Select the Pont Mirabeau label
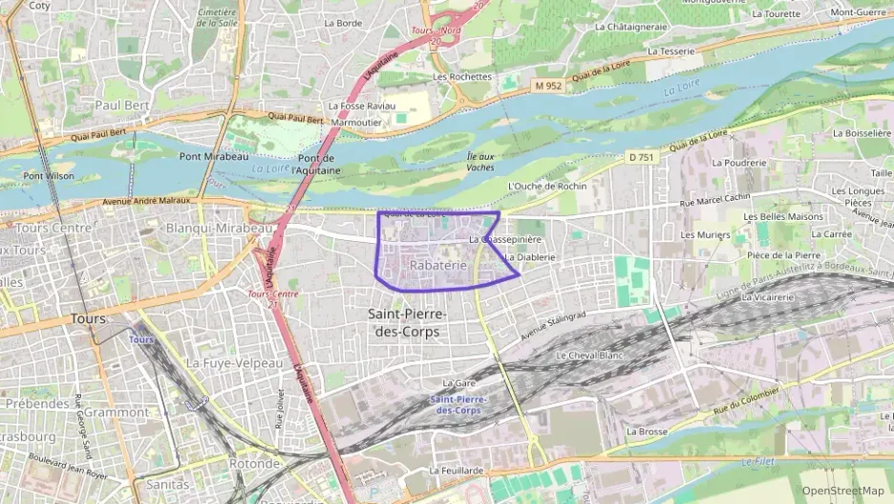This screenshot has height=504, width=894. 214,156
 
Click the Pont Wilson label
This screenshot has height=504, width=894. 48,176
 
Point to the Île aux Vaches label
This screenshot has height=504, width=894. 480,162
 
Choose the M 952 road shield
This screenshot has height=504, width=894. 549,86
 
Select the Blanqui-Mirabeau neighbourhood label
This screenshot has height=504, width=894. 220,229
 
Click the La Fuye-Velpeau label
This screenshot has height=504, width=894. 234,363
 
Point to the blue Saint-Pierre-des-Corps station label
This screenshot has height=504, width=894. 460,405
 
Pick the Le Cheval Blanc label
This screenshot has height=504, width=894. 589,355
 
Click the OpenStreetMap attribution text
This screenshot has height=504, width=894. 843,491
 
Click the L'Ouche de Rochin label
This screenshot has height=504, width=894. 548,186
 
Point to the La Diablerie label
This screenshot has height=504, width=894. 529,257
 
